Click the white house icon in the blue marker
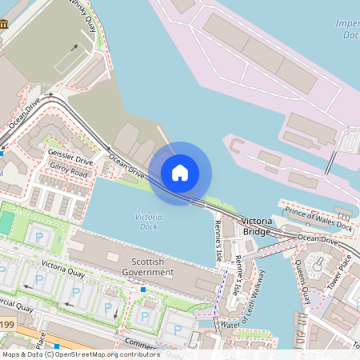pyautogui.click(x=180, y=172)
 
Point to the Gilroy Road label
pyautogui.click(x=67, y=171)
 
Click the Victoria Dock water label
pyautogui.click(x=148, y=222)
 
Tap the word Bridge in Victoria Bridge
pyautogui.click(x=257, y=231)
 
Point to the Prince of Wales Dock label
pyautogui.click(x=318, y=216)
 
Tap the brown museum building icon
pyautogui.click(x=4, y=24)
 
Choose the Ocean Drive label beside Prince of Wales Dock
pyautogui.click(x=317, y=238)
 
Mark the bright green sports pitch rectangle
pyautogui.click(x=6, y=223)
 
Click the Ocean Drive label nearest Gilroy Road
pyautogui.click(x=126, y=166)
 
